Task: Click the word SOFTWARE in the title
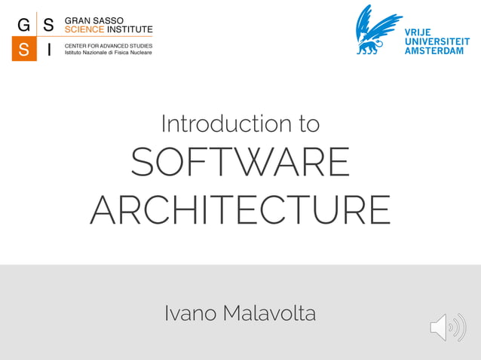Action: pos(240,163)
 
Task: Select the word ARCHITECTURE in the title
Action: pos(240,209)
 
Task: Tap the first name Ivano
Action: pos(189,313)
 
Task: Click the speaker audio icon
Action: pos(448,328)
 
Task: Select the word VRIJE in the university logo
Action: pos(420,32)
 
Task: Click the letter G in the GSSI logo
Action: pos(23,24)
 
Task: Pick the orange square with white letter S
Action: pos(23,49)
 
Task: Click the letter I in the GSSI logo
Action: pos(49,49)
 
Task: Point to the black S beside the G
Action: pos(49,24)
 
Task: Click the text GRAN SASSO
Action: pos(94,20)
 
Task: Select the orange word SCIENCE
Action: pos(84,29)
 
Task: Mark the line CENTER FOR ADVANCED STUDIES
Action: pos(109,46)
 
